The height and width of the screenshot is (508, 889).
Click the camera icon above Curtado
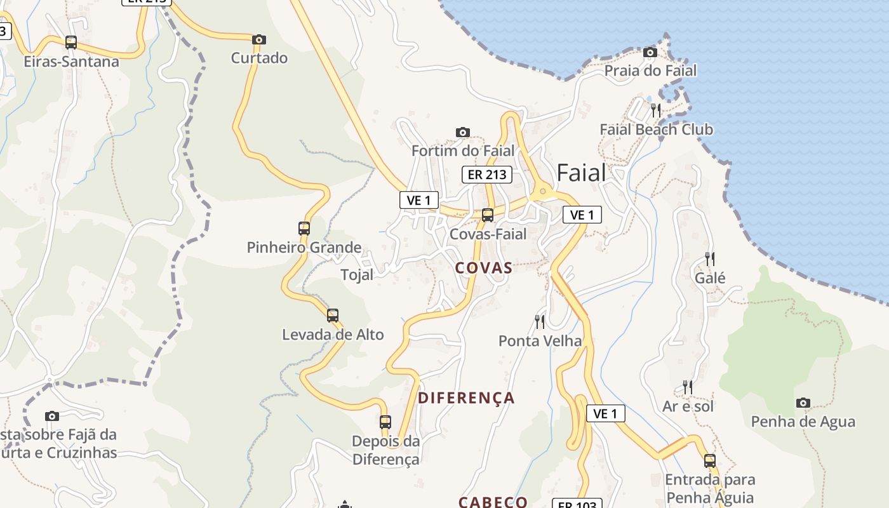point(258,40)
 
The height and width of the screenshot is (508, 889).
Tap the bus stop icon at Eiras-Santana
point(71,43)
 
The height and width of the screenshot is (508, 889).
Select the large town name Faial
point(581,173)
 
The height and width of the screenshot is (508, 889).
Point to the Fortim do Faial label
point(462,151)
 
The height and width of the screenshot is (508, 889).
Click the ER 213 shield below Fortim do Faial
point(486,174)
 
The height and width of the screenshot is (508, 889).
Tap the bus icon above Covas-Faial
point(488,215)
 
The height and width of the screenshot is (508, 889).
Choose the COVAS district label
point(484,268)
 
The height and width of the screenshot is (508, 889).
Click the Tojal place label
point(357,275)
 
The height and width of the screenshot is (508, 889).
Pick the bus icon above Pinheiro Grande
point(304,229)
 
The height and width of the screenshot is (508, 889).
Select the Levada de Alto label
point(333,335)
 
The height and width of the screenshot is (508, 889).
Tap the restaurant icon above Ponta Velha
point(540,322)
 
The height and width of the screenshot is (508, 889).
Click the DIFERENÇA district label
point(466,398)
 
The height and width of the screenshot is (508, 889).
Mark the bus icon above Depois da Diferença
point(385,422)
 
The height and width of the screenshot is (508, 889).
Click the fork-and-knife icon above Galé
point(710,259)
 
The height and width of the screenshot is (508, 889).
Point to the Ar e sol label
point(688,406)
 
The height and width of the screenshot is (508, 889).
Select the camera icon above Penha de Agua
point(803,403)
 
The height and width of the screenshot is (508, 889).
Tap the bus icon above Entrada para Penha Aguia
point(710,461)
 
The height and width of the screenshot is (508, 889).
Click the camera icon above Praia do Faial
point(650,53)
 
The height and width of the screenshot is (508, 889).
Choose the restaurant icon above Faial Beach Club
point(657,110)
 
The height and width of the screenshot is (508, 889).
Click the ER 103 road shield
point(577,504)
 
